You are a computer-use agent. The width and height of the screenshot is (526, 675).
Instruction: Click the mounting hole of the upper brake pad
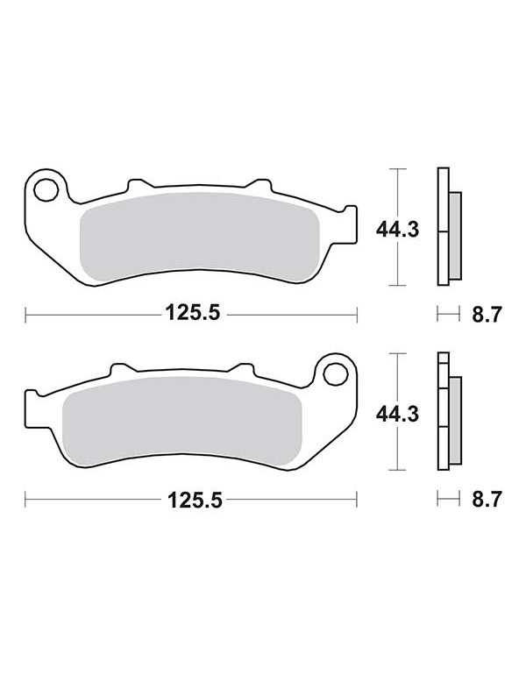click(46, 189)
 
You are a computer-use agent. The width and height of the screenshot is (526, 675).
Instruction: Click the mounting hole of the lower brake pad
click(336, 373)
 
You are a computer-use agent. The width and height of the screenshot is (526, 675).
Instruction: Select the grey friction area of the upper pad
click(200, 238)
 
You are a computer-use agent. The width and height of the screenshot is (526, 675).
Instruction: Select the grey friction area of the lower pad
click(182, 422)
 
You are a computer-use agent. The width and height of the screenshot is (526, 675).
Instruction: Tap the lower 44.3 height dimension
click(397, 414)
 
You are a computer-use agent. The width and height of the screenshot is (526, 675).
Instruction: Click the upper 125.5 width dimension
click(193, 313)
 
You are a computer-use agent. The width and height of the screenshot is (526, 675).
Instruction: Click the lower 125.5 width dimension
click(195, 501)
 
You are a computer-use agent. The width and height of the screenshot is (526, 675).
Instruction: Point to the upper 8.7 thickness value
click(487, 314)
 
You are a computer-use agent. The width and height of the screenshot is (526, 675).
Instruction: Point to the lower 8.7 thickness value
click(487, 500)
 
